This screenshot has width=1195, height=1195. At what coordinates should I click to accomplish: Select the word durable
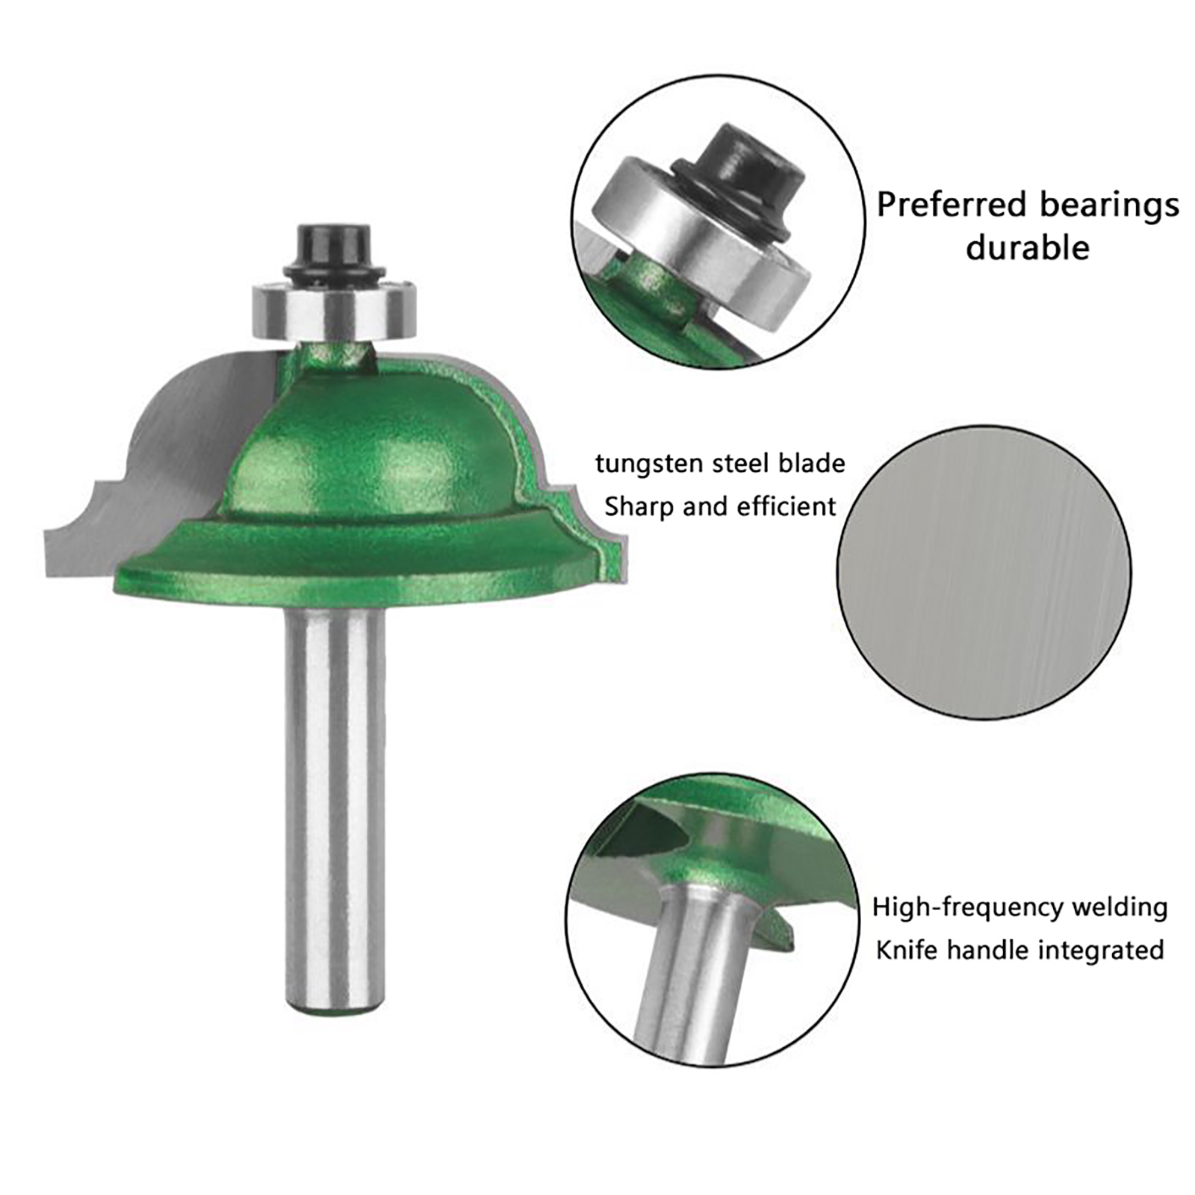click(1028, 247)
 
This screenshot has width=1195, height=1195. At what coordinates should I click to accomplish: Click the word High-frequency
click(967, 908)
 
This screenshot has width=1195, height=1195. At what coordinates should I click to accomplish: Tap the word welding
click(1120, 908)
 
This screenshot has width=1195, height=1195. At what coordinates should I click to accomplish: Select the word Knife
click(906, 950)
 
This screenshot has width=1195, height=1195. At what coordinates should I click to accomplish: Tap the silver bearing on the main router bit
click(332, 311)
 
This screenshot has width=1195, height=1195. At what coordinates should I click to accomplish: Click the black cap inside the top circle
click(739, 176)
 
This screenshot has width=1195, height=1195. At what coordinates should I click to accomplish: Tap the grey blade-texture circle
click(984, 574)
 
